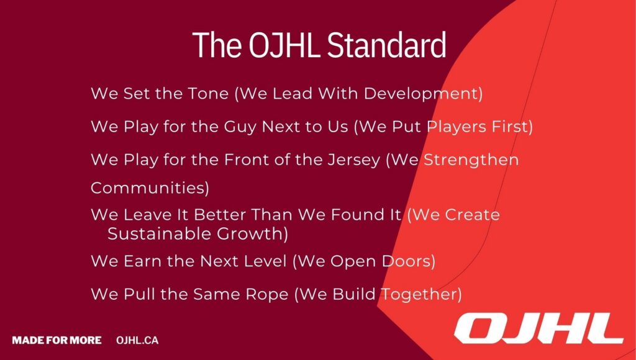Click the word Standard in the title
pos(386,44)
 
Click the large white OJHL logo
pos(538,328)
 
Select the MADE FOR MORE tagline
pos(57,340)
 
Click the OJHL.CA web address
pos(137,340)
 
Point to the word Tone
pos(207,94)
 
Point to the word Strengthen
pos(471,160)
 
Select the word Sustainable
pos(159,235)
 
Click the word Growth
pos(250,235)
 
